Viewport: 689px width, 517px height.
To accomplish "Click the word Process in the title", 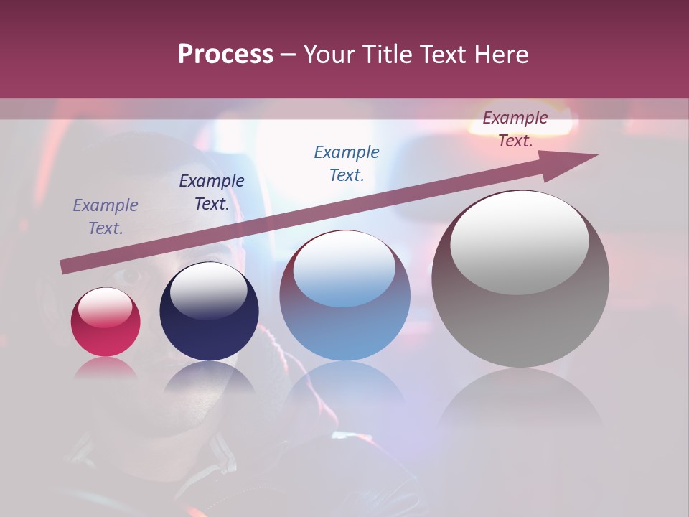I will click(x=225, y=55).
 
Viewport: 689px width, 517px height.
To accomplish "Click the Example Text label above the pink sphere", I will click(x=106, y=217).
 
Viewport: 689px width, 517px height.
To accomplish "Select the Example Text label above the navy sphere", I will click(x=212, y=192).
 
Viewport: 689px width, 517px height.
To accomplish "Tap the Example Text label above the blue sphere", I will click(x=347, y=164).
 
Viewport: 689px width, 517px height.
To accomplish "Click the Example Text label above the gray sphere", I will click(x=515, y=129).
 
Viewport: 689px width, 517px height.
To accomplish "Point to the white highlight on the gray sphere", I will click(x=520, y=242).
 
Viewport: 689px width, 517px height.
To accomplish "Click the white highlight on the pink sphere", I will click(x=106, y=307).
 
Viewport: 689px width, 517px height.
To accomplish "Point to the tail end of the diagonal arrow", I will click(x=65, y=267).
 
